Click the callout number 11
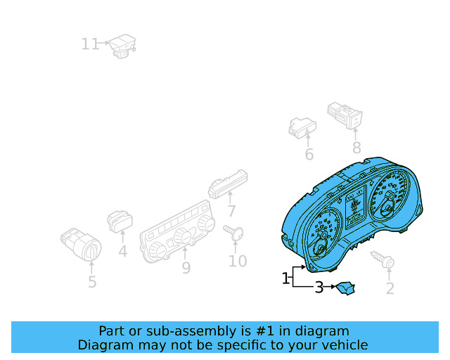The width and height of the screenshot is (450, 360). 90,44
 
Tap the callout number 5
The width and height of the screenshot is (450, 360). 92,282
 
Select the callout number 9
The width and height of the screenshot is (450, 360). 186,268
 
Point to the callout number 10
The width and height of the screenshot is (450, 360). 238,262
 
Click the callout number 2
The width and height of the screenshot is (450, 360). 390,288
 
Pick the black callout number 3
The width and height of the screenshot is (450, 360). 319,287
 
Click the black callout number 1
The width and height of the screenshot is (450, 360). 285,278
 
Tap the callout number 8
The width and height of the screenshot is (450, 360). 356,148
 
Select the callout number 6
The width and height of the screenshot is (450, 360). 309,155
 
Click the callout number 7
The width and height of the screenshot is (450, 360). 231,211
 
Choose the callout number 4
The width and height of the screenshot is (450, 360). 123,252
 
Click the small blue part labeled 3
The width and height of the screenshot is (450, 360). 345,288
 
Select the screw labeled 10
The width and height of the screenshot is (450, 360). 233,232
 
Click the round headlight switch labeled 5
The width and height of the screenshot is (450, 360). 81,245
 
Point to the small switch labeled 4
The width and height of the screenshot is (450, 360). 120,221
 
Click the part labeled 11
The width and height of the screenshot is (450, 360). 122,46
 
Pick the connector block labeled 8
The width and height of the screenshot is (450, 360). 345,115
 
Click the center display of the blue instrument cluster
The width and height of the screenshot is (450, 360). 356,207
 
